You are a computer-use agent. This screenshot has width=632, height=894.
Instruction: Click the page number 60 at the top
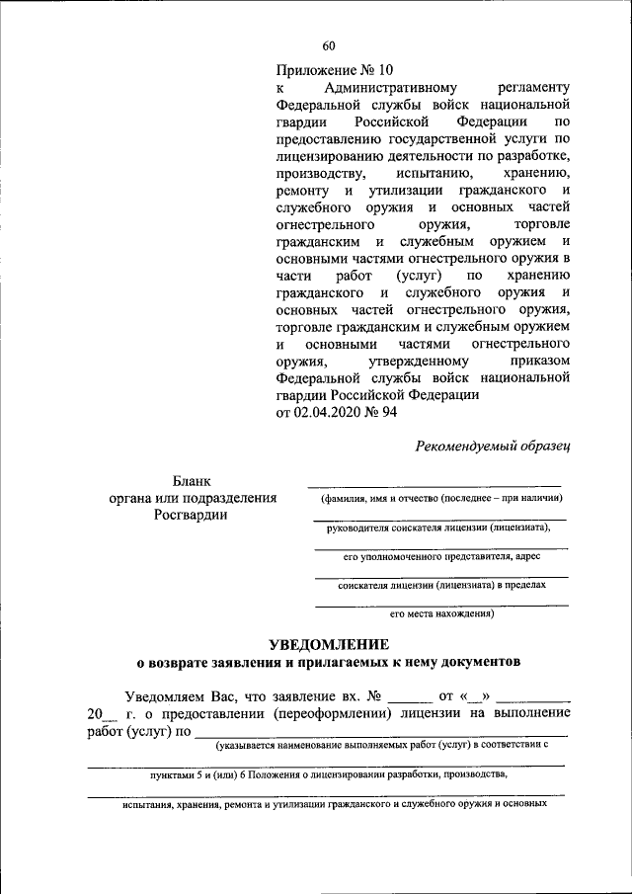(329, 46)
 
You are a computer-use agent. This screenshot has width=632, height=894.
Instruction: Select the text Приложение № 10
(335, 69)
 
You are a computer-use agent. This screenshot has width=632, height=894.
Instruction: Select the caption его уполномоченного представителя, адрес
(440, 556)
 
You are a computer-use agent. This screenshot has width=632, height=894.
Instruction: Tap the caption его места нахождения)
(440, 613)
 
